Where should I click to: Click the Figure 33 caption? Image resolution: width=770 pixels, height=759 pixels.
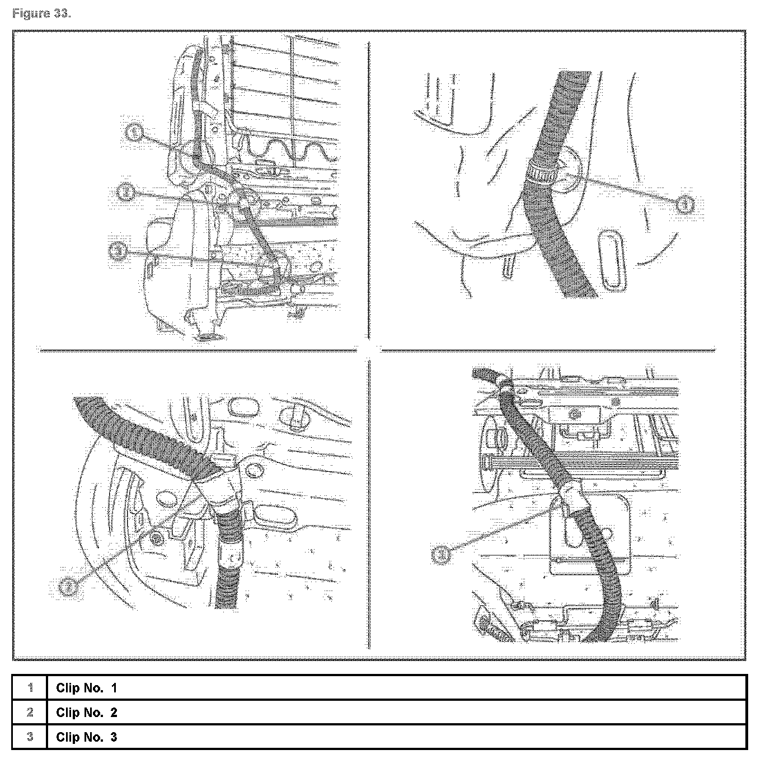tap(41, 14)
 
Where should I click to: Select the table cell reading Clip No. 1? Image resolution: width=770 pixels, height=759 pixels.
tap(87, 688)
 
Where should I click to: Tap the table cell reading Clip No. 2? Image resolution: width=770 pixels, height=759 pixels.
tap(87, 713)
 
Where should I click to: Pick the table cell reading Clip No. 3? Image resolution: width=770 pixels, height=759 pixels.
tap(87, 737)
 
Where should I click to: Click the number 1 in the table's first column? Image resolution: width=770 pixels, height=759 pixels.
tap(30, 688)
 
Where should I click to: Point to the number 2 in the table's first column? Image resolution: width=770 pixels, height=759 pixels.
tap(30, 713)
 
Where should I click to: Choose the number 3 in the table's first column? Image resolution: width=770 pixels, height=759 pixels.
tap(30, 737)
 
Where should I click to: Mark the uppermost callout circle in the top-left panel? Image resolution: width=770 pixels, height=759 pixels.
tap(134, 133)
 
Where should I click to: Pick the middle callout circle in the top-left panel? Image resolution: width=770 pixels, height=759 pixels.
tap(126, 191)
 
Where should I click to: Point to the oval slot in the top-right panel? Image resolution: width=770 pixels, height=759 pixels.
tap(612, 259)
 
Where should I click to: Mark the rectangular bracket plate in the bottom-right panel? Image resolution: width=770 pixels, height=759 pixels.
tap(590, 537)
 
